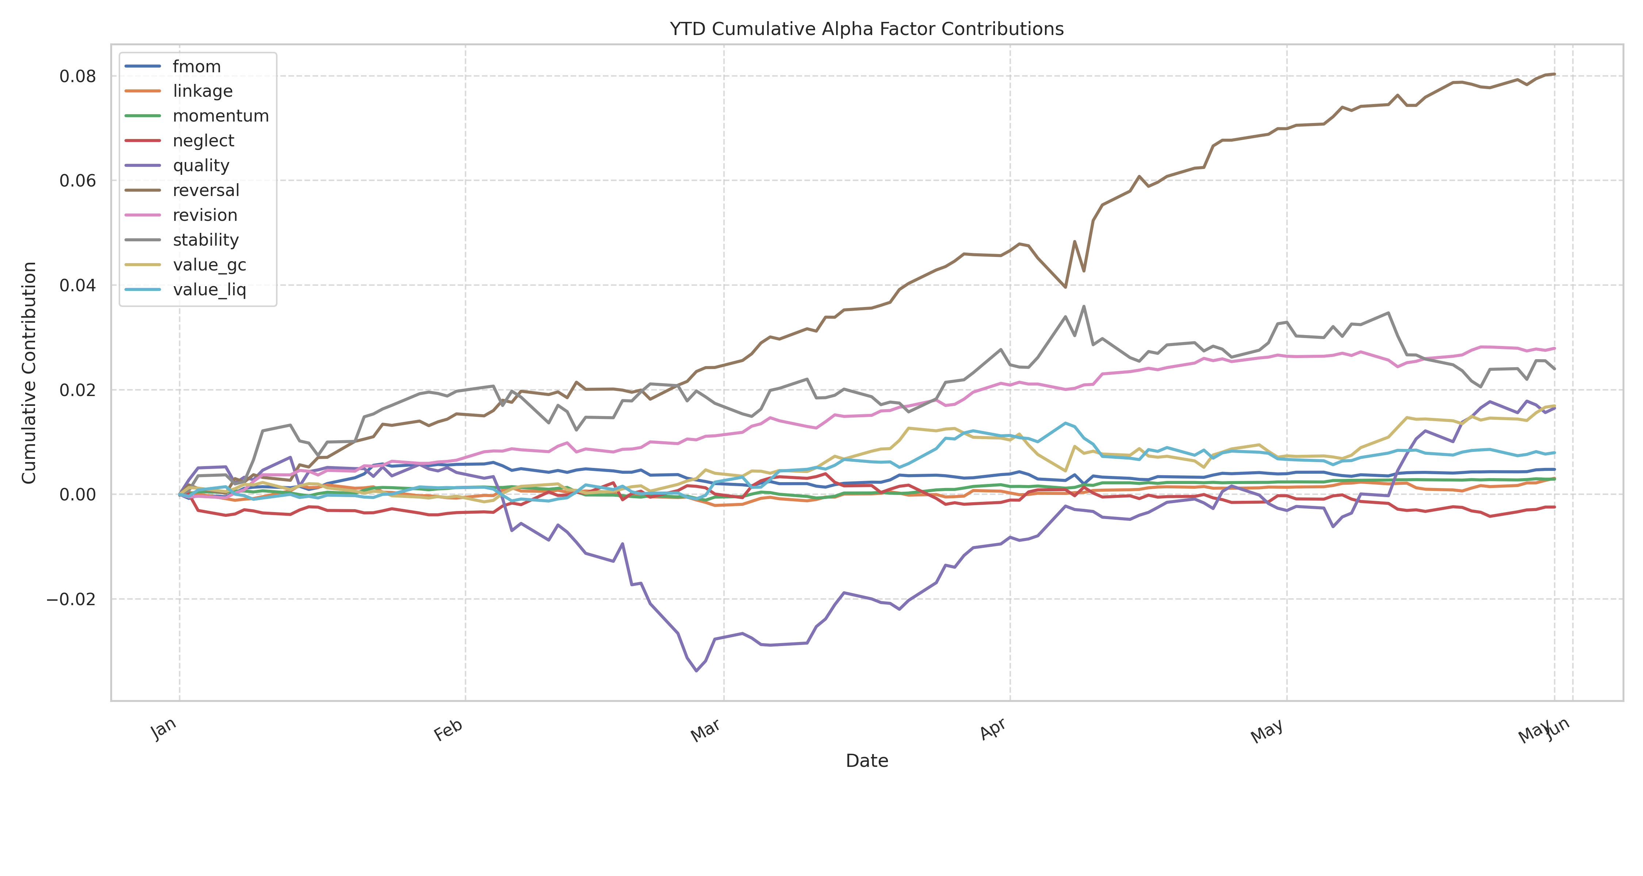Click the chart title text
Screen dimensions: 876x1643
(x=866, y=29)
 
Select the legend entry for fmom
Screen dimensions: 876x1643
(x=196, y=66)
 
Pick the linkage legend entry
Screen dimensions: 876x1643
(x=202, y=91)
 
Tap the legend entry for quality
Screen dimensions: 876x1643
(x=200, y=166)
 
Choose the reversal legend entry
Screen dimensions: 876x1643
(x=205, y=191)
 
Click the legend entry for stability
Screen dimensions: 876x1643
(x=205, y=241)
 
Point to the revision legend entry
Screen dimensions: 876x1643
(x=205, y=215)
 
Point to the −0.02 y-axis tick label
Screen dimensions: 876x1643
(x=72, y=599)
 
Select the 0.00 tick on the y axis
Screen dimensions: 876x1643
(x=78, y=495)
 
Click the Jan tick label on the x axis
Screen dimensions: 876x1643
(x=164, y=729)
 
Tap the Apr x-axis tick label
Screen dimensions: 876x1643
(x=993, y=729)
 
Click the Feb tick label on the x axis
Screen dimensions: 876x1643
(x=448, y=730)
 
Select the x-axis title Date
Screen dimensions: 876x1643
(x=866, y=761)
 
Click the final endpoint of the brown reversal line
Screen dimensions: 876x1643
(x=1554, y=74)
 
